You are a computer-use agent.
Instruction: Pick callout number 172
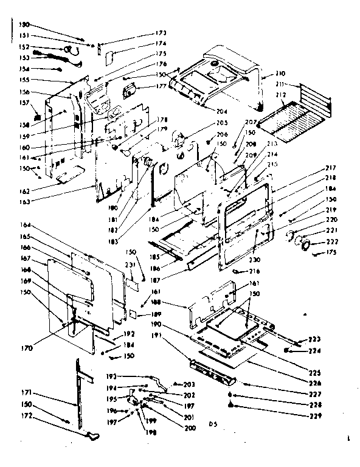(x=24, y=421)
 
